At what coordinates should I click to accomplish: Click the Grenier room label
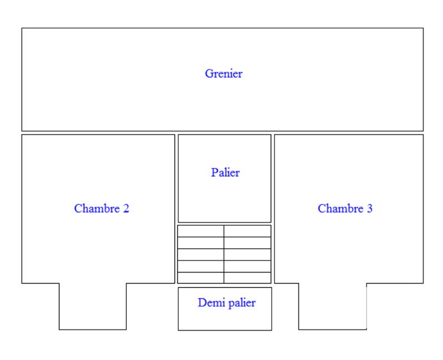(224, 73)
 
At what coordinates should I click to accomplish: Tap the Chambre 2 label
(101, 209)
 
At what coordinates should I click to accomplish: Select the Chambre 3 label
(345, 209)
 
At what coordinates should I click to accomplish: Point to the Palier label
(225, 173)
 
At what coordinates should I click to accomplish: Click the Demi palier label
(226, 303)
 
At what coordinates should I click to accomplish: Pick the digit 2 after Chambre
(126, 209)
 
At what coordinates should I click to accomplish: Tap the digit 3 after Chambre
(369, 209)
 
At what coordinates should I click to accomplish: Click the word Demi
(209, 303)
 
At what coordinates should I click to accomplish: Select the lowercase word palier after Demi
(240, 303)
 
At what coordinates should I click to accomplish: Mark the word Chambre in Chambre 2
(96, 209)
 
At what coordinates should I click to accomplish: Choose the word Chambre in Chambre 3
(340, 209)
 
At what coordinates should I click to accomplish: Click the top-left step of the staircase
(200, 231)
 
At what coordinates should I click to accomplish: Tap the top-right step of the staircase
(248, 231)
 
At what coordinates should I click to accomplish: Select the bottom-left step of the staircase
(200, 277)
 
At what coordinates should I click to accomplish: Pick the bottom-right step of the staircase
(248, 277)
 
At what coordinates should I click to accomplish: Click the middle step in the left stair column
(200, 254)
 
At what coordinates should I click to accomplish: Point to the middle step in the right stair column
(248, 254)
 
